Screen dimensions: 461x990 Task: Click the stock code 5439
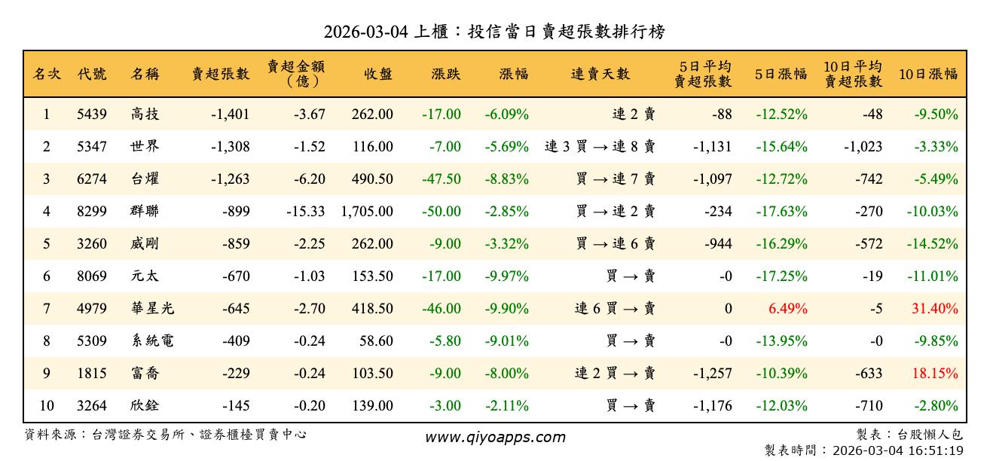pos(92,114)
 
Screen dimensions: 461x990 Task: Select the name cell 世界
pos(144,147)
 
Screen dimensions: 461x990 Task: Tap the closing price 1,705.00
pos(367,212)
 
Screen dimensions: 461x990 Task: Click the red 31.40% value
pos(934,309)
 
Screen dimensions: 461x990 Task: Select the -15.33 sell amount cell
pos(305,212)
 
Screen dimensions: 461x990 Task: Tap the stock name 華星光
pos(151,309)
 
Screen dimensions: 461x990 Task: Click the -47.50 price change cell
pos(442,179)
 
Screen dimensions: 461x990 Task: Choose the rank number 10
pos(47,406)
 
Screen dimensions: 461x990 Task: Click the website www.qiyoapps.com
pos(494,437)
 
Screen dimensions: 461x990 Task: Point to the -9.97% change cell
pos(506,276)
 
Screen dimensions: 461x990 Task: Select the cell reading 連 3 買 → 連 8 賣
pos(600,147)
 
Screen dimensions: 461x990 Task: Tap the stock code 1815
pos(92,374)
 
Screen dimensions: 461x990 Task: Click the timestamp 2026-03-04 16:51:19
pos(897,450)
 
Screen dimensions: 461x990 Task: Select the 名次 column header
pos(47,74)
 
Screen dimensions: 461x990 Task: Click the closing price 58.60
pos(376,341)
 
